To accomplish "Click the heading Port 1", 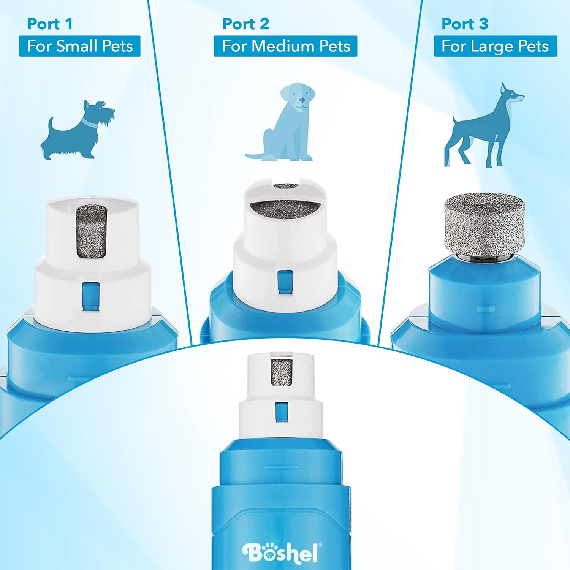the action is click(50, 24).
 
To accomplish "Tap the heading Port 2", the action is click(245, 24).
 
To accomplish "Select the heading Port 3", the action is click(465, 24).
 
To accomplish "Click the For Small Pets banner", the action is click(80, 46).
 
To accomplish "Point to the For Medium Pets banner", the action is click(286, 46).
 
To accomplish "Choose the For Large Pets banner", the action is click(496, 46).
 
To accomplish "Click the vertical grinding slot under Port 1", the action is click(91, 232).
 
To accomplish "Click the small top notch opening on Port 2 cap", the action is click(286, 186).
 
